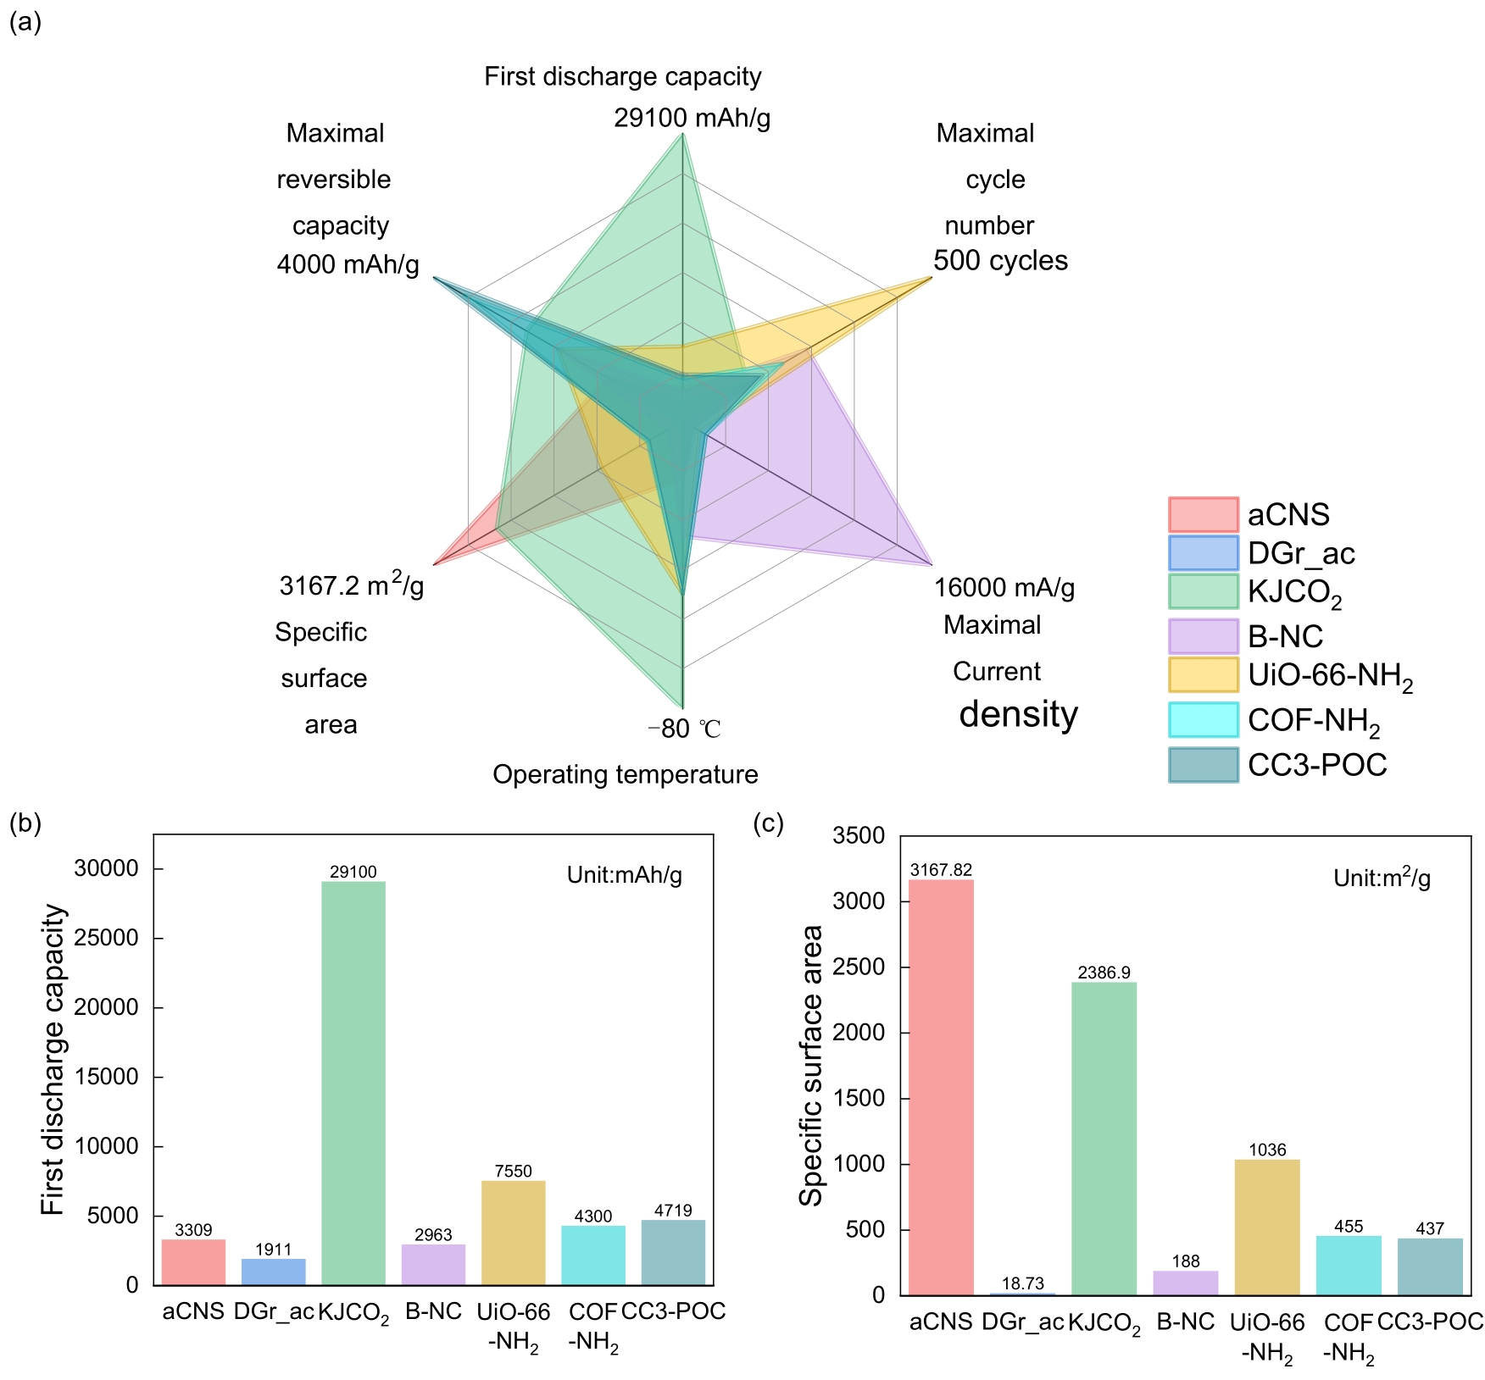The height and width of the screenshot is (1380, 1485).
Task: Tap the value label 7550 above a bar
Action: [514, 1171]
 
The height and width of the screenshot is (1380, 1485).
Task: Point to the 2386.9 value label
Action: [1104, 973]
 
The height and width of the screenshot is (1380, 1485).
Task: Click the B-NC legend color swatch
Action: [1203, 636]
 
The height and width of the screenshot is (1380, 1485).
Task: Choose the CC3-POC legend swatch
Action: [1203, 765]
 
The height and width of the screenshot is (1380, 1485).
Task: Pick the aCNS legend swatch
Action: [1203, 514]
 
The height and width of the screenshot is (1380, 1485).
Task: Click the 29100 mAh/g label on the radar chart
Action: [692, 118]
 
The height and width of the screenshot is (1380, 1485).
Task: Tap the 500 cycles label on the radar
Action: [1000, 260]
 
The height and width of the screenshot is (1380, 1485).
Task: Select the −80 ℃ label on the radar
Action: [684, 729]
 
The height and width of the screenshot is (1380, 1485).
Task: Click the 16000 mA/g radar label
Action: [1004, 587]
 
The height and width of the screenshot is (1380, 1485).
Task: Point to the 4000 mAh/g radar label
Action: [348, 265]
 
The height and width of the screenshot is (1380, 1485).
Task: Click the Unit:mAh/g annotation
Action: [625, 875]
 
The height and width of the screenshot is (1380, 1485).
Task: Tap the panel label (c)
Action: [768, 823]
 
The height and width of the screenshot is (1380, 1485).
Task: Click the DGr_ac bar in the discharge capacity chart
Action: [274, 1272]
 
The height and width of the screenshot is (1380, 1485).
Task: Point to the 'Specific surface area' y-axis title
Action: [811, 1065]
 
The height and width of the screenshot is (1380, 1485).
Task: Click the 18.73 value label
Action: [1022, 1283]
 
